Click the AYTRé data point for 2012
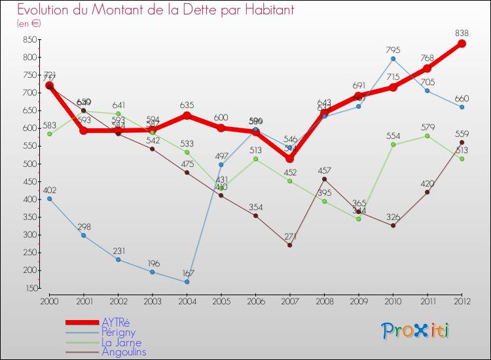coord(462,44)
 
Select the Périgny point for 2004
coord(187,282)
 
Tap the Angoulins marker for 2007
coord(290,245)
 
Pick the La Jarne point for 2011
coord(427,135)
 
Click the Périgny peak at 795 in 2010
coord(393,59)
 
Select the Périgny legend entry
coord(118,333)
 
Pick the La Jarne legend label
coord(121,342)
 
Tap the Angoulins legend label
coord(124,352)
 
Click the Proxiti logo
coord(416,331)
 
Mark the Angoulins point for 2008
coord(324,179)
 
